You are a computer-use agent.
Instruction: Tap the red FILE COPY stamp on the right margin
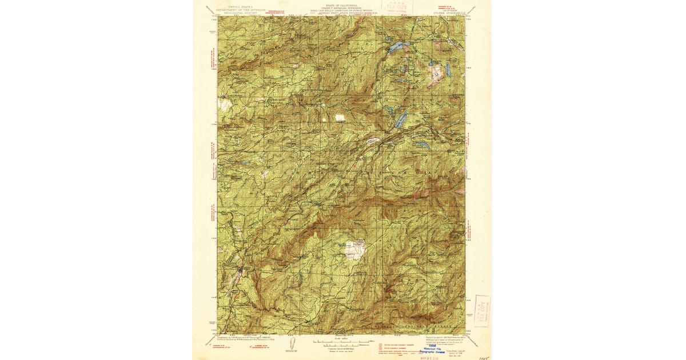481,310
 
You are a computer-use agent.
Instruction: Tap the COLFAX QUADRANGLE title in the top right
450,10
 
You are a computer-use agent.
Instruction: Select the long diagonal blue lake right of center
401,119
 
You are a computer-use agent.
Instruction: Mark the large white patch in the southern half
355,250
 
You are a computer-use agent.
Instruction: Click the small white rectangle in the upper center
340,117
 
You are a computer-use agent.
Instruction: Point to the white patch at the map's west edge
225,105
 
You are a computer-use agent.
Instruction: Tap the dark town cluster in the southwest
240,269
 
